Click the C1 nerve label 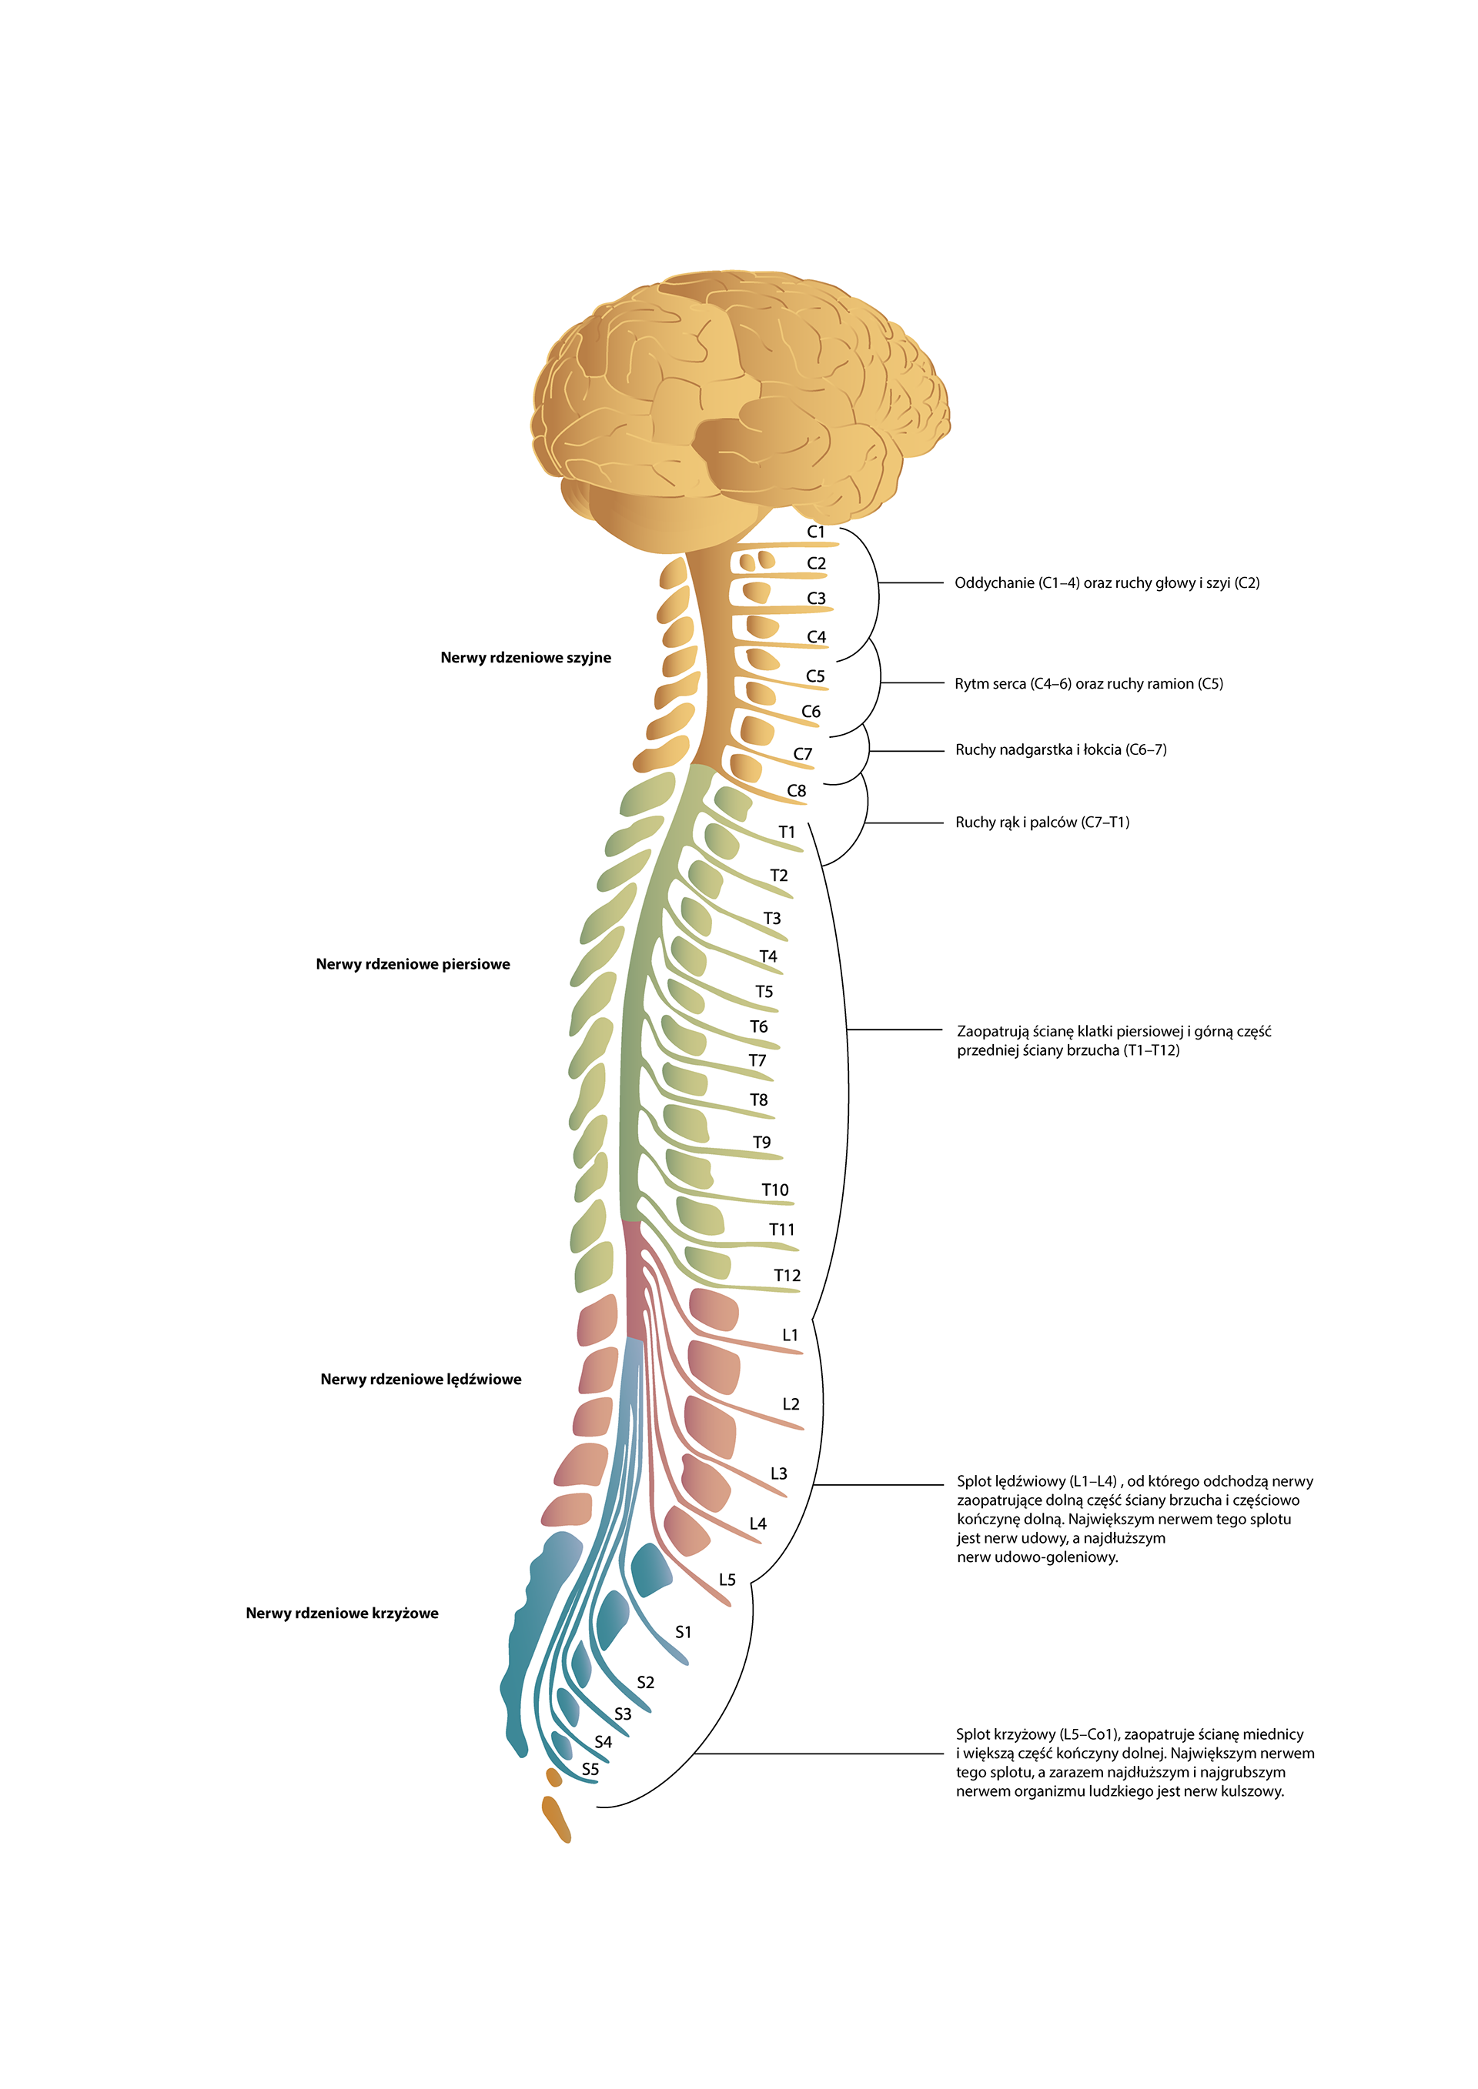(x=815, y=532)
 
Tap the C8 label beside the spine (x=796, y=791)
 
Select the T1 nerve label (x=786, y=832)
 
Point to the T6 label (x=758, y=1026)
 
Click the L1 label (x=790, y=1335)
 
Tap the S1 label (x=683, y=1632)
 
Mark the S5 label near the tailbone (x=590, y=1770)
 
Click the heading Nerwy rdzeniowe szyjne (x=525, y=658)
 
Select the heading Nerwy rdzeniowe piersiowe (x=413, y=964)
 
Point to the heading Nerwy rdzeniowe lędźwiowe (x=420, y=1380)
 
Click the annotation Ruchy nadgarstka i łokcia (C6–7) (x=1060, y=749)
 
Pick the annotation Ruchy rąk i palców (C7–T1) (x=1042, y=823)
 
